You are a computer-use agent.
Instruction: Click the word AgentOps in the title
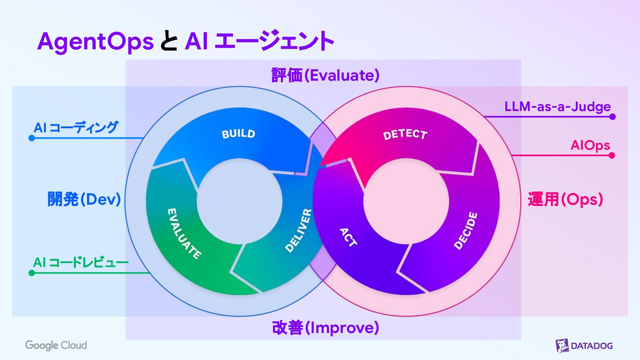coord(95,42)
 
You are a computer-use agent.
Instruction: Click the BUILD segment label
coord(238,134)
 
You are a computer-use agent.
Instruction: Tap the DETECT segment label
coord(405,134)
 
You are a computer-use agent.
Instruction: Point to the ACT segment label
coord(348,237)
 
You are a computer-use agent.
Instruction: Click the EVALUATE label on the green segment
coord(184,234)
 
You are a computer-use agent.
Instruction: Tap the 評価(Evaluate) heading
coord(325,75)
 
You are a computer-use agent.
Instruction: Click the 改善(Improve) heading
coord(325,328)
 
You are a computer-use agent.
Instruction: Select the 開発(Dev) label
coord(84,199)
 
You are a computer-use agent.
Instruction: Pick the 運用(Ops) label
coord(565,199)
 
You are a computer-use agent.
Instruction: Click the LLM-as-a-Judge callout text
coord(557,107)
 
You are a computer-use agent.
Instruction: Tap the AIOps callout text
coord(590,145)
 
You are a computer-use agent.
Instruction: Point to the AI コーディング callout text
coord(76,127)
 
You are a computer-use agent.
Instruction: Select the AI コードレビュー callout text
coord(81,262)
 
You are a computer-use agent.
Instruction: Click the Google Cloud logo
coord(56,345)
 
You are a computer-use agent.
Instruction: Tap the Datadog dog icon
coord(562,346)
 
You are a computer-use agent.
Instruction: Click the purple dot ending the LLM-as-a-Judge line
coord(612,117)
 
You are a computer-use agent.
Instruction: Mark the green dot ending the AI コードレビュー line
coord(32,273)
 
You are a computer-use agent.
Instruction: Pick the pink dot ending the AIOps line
coord(612,155)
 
